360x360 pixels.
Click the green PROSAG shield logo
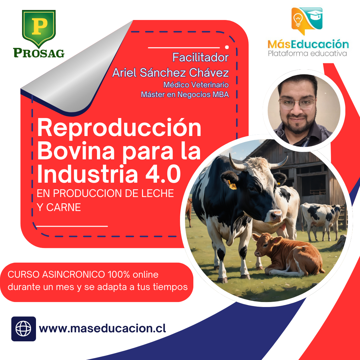pos(39,29)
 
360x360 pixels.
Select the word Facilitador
pos(200,57)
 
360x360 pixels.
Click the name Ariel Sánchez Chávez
pos(171,73)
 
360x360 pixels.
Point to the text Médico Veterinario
pos(196,85)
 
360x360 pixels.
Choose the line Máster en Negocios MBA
pos(185,94)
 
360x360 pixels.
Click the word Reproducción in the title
pos(119,128)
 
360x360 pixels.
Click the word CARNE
pos(64,207)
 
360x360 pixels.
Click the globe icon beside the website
pos(23,329)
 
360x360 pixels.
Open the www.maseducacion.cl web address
pos(102,328)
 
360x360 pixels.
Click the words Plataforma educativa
pos(307,53)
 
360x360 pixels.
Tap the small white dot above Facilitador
pos(227,47)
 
